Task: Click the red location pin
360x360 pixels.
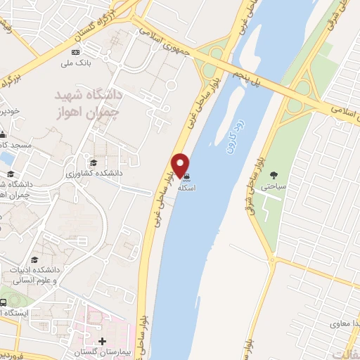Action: pos(181,165)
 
